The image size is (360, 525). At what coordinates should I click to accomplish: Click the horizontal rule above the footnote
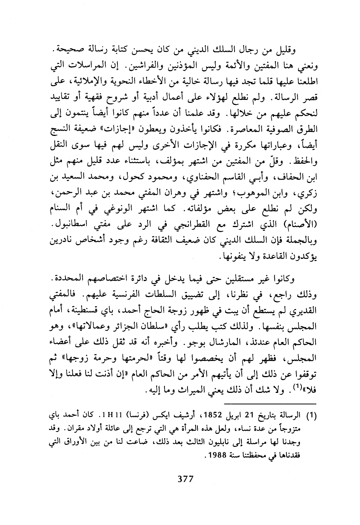pyautogui.click(x=269, y=404)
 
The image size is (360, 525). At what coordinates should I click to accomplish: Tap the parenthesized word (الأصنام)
pyautogui.click(x=300, y=223)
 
